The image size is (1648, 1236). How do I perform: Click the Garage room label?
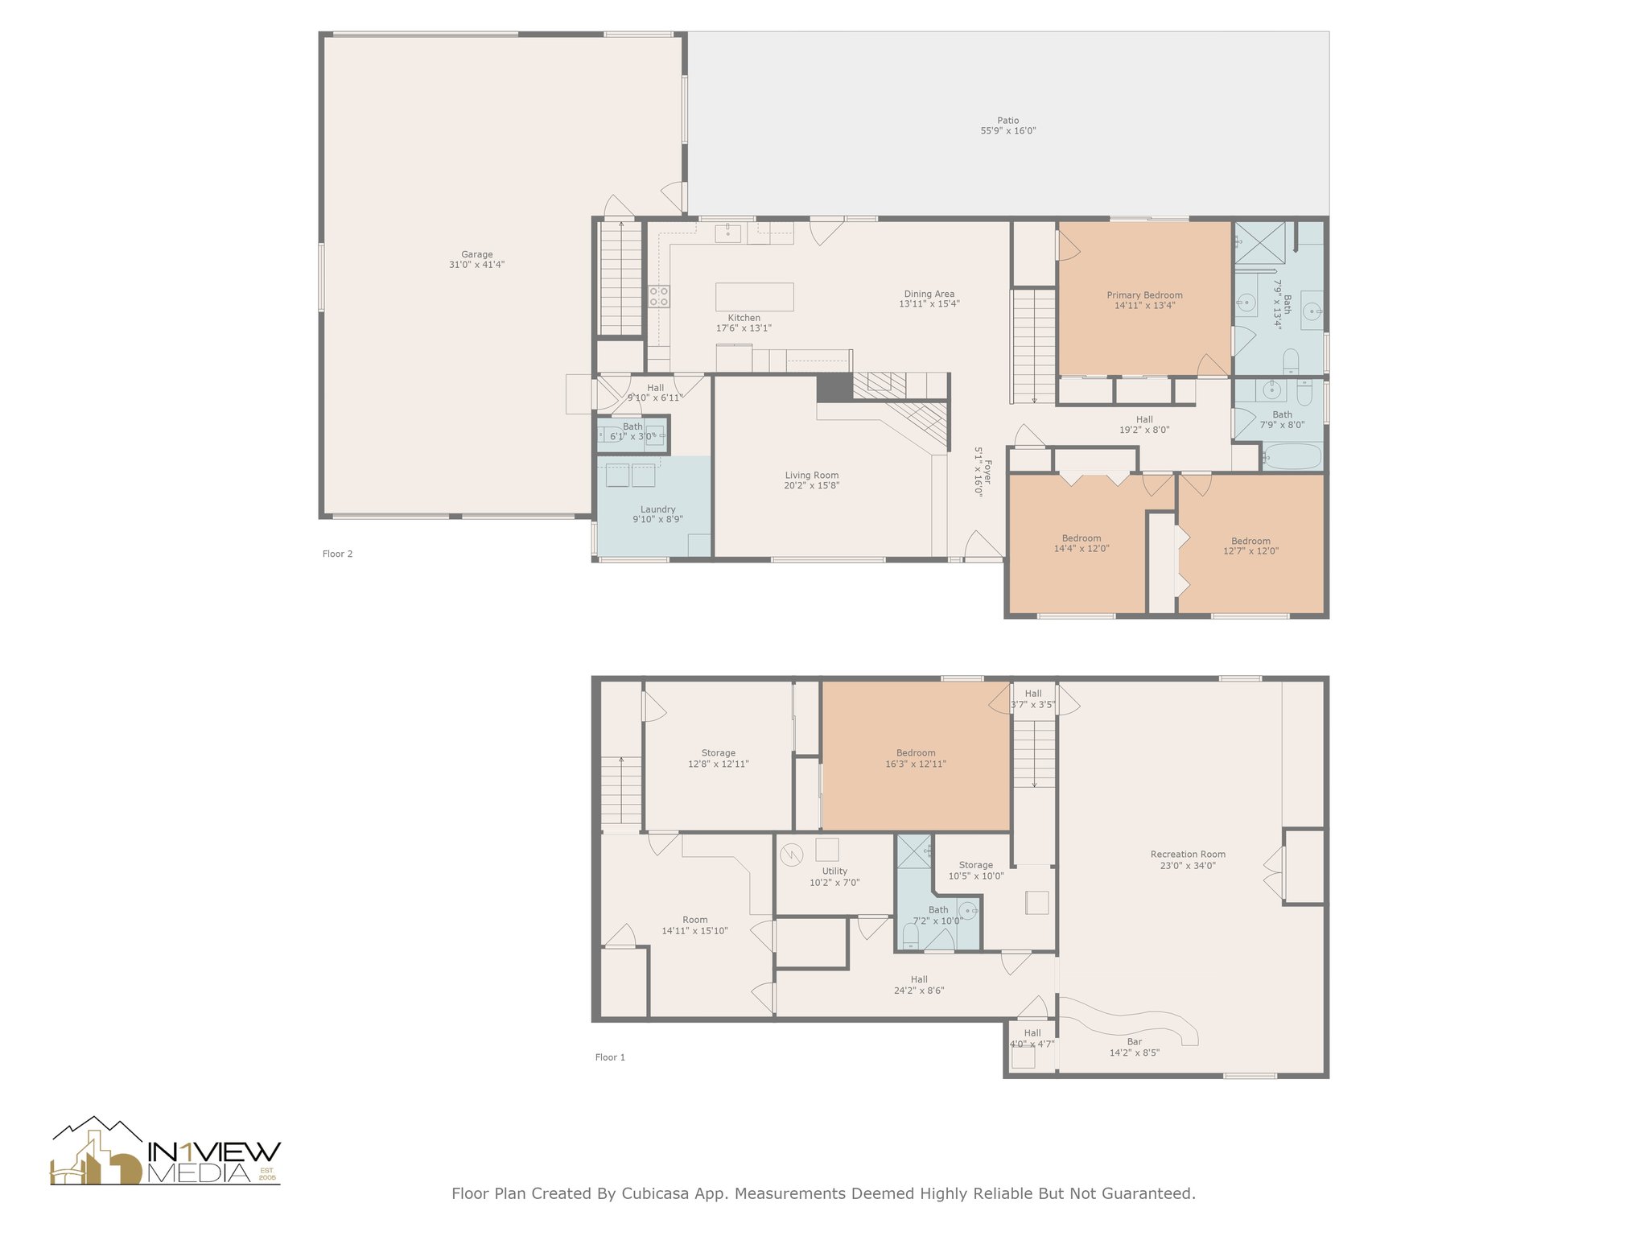tap(476, 255)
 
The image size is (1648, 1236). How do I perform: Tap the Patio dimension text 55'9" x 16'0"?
tap(1007, 131)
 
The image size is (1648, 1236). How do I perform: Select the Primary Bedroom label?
tap(1144, 295)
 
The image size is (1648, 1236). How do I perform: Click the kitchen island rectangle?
tap(754, 297)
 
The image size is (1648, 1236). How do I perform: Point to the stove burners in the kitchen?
tap(659, 296)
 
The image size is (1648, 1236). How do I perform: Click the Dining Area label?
tap(929, 295)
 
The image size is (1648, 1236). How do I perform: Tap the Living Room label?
tap(811, 476)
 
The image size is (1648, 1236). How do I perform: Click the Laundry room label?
tap(657, 509)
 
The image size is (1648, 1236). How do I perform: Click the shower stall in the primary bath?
tap(1259, 243)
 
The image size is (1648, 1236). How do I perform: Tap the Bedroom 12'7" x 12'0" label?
tap(1250, 542)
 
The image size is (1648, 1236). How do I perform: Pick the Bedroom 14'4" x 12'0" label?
tap(1081, 538)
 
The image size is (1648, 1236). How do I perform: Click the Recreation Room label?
tap(1188, 855)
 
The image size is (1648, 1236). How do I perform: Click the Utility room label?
tap(834, 871)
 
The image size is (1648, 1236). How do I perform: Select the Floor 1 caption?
tap(610, 1057)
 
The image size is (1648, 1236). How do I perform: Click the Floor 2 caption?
tap(337, 554)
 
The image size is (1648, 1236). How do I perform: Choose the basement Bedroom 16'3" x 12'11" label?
tap(915, 753)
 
